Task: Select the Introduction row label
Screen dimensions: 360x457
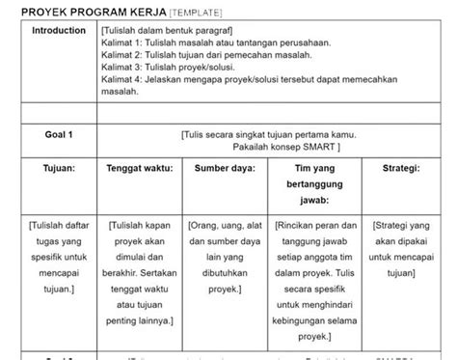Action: point(59,31)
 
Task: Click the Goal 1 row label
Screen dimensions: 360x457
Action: point(59,135)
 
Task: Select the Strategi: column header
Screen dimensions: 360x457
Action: point(400,168)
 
